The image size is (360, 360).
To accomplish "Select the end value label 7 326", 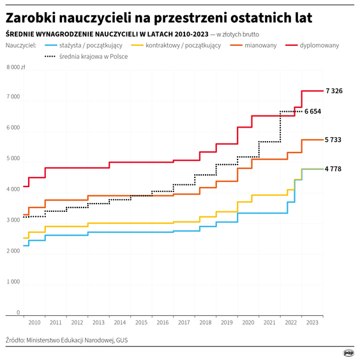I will pyautogui.click(x=334, y=91).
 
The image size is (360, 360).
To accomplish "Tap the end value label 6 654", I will pyautogui.click(x=313, y=112).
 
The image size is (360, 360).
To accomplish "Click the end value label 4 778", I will pyautogui.click(x=334, y=169).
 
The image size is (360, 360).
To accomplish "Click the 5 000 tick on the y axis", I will pyautogui.click(x=13, y=159).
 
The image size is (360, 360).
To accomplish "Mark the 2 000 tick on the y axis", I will pyautogui.click(x=13, y=251).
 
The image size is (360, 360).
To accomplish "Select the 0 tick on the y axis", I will pyautogui.click(x=18, y=312).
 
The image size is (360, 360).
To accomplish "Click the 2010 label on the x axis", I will pyautogui.click(x=34, y=323).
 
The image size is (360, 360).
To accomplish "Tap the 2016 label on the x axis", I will pyautogui.click(x=163, y=323).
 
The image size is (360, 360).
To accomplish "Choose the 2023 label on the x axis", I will pyautogui.click(x=313, y=323).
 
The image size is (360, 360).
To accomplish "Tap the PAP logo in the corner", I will pyautogui.click(x=349, y=352).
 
